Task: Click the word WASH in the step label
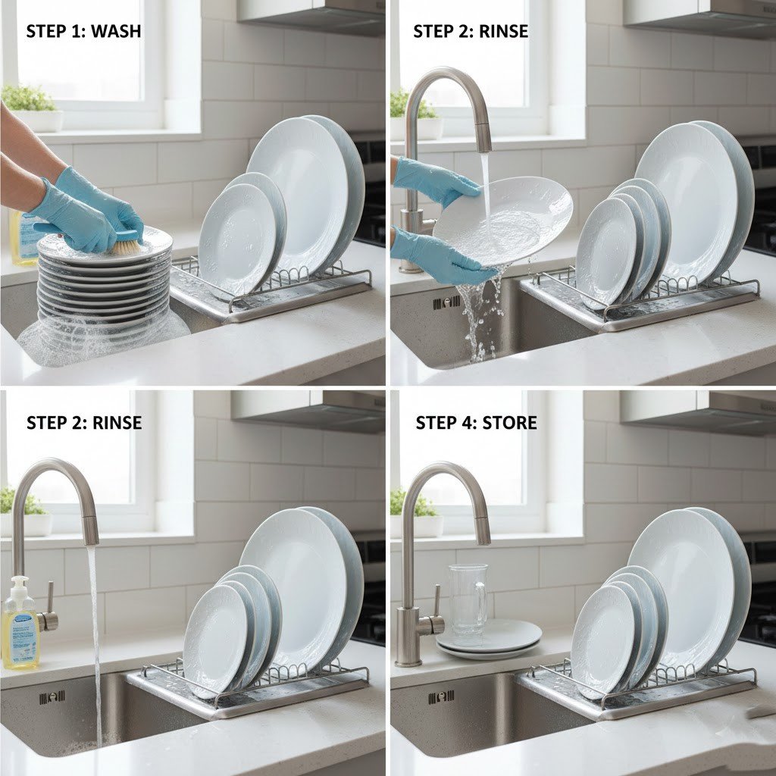point(116,31)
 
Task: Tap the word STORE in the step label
point(509,423)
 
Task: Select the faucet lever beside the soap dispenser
point(48,605)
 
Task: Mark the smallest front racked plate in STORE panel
point(605,641)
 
